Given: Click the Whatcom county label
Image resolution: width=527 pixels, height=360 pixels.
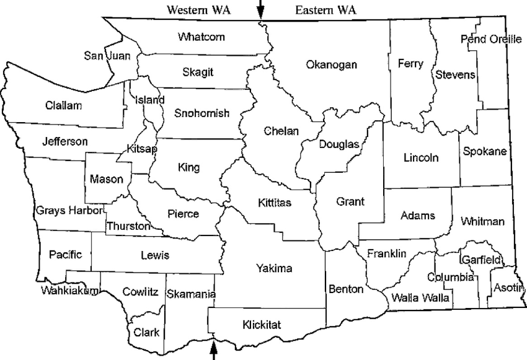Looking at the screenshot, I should click(201, 37).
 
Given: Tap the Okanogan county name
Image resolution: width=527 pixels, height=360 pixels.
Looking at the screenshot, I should click(332, 64).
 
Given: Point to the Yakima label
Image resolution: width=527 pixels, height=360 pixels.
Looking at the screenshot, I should click(273, 268).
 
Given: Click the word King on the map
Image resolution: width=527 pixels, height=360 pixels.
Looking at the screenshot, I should click(188, 167).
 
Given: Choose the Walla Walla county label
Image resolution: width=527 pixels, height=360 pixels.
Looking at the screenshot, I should click(417, 297).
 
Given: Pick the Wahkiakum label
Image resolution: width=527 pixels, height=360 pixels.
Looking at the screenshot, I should click(70, 290).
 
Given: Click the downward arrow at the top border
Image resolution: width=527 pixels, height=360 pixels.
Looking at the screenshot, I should click(260, 9).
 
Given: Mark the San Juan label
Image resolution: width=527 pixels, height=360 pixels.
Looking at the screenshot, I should click(107, 56).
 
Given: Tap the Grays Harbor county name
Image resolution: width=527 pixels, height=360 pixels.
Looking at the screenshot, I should click(68, 209).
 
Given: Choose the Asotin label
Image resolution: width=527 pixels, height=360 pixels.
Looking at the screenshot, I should click(507, 288).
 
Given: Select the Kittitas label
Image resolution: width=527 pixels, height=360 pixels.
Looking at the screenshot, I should click(275, 202).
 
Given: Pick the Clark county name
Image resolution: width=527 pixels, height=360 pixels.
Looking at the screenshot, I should click(146, 332).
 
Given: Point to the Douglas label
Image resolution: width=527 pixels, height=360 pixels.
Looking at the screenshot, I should click(339, 144).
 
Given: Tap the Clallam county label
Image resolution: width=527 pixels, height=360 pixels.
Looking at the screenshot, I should click(63, 105).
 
